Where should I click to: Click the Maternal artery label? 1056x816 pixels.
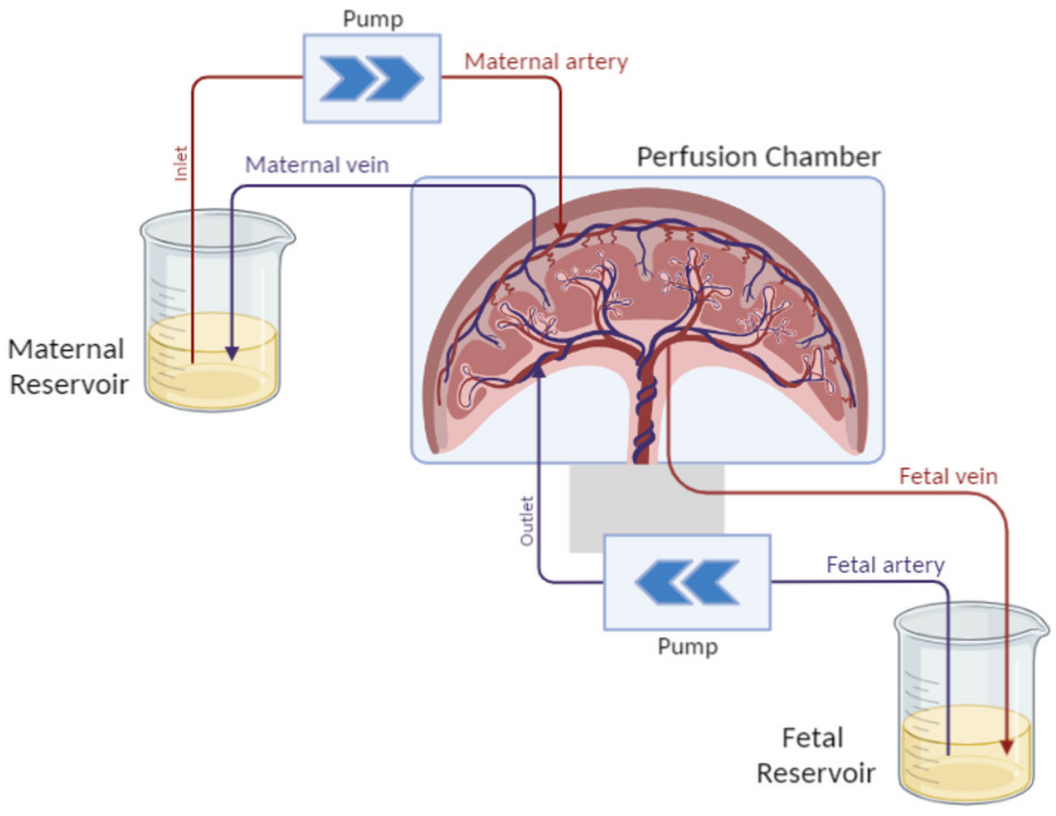546,62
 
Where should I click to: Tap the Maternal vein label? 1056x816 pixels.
317,164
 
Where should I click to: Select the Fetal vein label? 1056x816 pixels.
948,476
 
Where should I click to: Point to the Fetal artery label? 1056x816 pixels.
885,564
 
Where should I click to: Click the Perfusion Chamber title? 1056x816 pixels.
758,157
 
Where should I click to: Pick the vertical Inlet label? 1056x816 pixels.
181,163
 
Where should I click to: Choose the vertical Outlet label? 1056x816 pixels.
527,521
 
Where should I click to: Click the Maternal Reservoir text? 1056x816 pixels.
68,366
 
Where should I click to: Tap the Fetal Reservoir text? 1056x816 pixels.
815,755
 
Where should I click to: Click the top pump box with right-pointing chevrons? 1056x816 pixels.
372,79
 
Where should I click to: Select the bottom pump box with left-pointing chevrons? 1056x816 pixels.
687,582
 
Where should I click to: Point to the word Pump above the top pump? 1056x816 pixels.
373,19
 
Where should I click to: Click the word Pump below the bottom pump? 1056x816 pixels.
687,646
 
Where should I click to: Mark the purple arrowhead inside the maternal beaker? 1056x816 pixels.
232,353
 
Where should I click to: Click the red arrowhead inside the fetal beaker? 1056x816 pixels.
1006,747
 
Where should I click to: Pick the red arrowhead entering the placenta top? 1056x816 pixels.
560,229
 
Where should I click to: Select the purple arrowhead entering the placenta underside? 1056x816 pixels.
538,370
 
